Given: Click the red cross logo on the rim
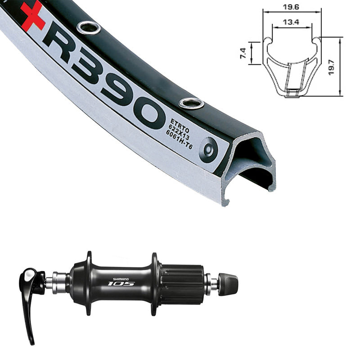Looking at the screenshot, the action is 32,17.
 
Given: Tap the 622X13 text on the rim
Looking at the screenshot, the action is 179,132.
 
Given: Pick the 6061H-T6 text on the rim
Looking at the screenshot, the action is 179,139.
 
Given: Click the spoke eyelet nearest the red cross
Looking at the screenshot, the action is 88,28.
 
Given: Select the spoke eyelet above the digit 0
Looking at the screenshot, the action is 192,103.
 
